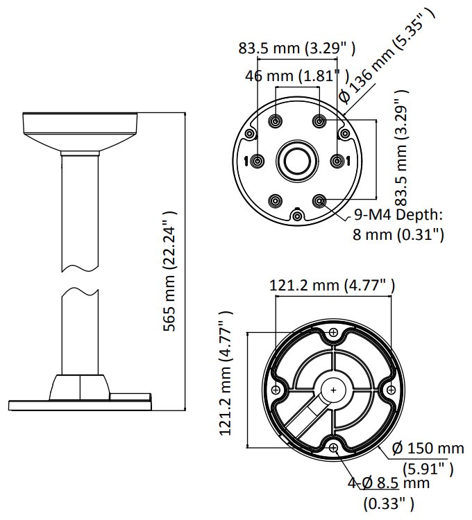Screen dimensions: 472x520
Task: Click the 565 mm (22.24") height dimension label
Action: click(169, 271)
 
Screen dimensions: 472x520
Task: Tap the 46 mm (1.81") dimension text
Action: click(297, 76)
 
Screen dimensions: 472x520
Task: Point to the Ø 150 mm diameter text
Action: click(428, 449)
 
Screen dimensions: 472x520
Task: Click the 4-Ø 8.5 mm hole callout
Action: click(389, 483)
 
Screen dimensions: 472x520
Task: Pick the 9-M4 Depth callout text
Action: click(398, 214)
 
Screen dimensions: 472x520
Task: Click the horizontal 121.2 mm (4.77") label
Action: click(332, 285)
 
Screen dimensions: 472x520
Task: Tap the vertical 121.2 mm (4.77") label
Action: click(226, 374)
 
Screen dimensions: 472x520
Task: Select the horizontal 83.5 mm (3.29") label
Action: click(297, 48)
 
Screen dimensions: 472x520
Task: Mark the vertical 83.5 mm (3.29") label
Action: click(401, 148)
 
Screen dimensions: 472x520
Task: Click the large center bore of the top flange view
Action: click(297, 161)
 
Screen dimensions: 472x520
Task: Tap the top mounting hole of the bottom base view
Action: click(333, 332)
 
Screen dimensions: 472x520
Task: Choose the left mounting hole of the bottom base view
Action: click(276, 390)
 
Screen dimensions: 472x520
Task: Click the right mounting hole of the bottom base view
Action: click(391, 390)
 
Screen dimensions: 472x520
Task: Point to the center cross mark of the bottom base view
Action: click(333, 390)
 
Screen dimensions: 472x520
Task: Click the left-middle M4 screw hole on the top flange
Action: click(258, 161)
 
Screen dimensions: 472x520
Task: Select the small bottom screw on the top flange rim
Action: click(297, 216)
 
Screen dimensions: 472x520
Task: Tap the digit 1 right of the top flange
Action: click(348, 161)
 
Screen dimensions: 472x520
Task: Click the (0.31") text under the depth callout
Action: click(420, 235)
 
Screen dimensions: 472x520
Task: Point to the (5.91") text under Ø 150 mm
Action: click(428, 469)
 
